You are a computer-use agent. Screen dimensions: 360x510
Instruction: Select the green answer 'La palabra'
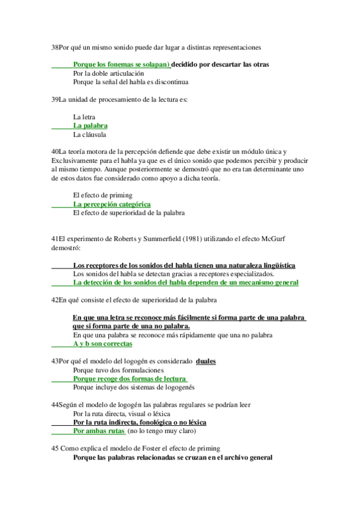click(x=90, y=126)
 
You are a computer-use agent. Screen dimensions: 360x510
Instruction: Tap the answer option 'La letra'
click(x=84, y=117)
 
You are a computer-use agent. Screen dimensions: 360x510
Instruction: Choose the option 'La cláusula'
click(x=90, y=135)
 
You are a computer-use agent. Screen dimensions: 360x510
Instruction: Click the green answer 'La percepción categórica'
click(x=112, y=204)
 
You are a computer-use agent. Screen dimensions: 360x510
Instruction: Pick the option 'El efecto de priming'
click(x=102, y=195)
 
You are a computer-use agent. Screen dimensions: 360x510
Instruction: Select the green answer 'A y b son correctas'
click(x=103, y=344)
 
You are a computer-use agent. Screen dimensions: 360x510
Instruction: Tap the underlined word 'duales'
click(x=206, y=361)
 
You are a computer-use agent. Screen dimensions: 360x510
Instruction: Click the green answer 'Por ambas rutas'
click(x=99, y=431)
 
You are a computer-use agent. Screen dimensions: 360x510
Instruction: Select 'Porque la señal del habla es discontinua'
click(x=131, y=82)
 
